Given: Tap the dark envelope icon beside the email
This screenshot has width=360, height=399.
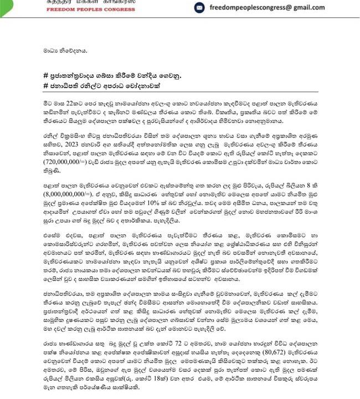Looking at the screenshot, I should pos(199,7).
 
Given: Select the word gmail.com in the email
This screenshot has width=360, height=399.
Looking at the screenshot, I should pos(307,7).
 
